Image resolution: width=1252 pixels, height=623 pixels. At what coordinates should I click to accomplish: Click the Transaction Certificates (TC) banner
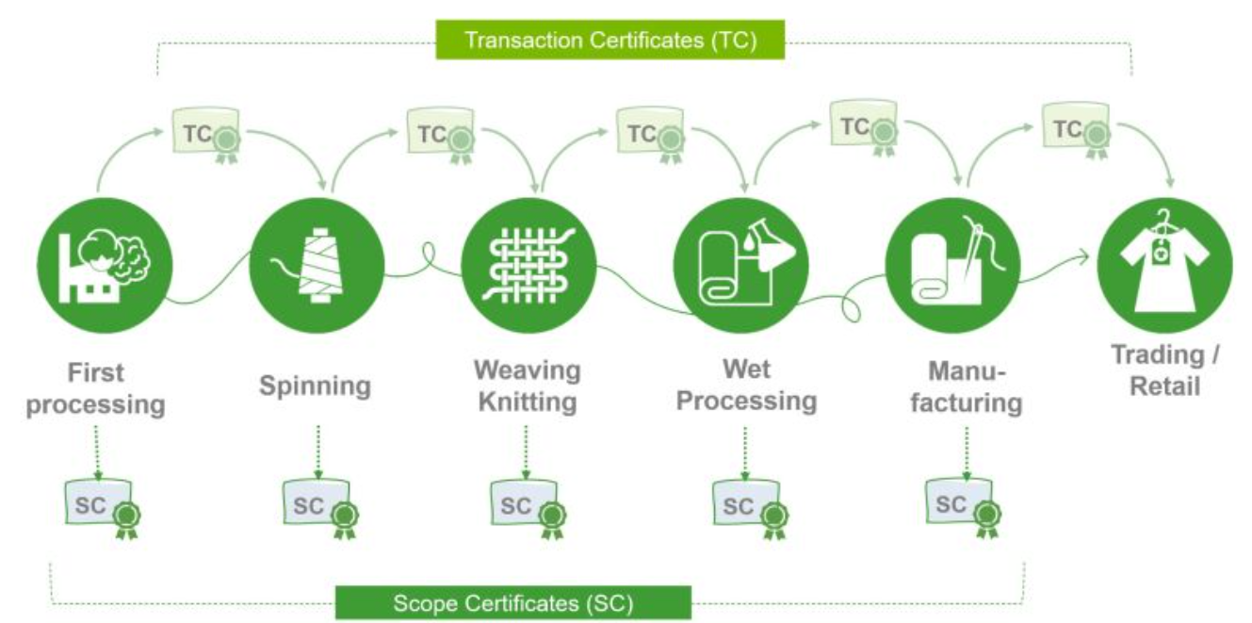610,41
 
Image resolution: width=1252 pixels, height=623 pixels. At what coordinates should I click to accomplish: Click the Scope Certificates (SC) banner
512,602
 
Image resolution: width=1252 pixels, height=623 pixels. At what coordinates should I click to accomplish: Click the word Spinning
316,386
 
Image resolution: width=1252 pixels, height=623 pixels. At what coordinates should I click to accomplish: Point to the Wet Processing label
747,385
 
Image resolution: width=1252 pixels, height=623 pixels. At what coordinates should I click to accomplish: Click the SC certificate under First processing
100,506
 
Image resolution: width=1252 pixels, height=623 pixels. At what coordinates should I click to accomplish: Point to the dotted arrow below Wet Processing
745,450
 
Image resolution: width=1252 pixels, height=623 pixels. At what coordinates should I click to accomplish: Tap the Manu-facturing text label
966,387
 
